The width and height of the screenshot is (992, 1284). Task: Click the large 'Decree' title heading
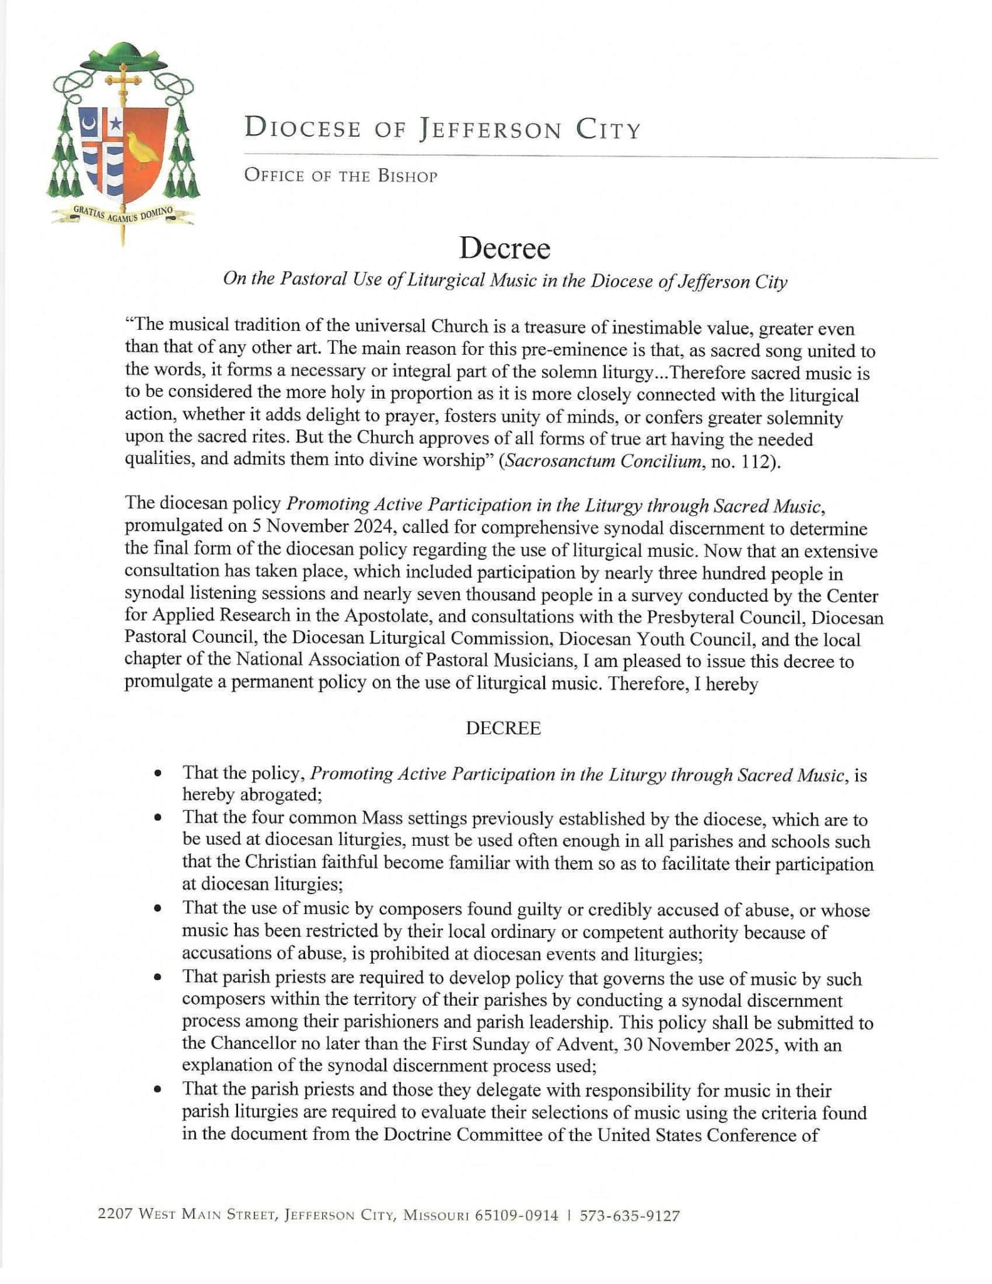pyautogui.click(x=504, y=248)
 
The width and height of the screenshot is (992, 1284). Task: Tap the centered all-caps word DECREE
pyautogui.click(x=503, y=728)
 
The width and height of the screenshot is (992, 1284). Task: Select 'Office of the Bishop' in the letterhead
pyautogui.click(x=341, y=176)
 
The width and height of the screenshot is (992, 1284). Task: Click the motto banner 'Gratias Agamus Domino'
pyautogui.click(x=123, y=215)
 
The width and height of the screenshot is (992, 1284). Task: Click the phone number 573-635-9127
pyautogui.click(x=629, y=1216)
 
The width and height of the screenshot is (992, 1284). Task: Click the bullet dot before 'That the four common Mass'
pyautogui.click(x=159, y=819)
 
